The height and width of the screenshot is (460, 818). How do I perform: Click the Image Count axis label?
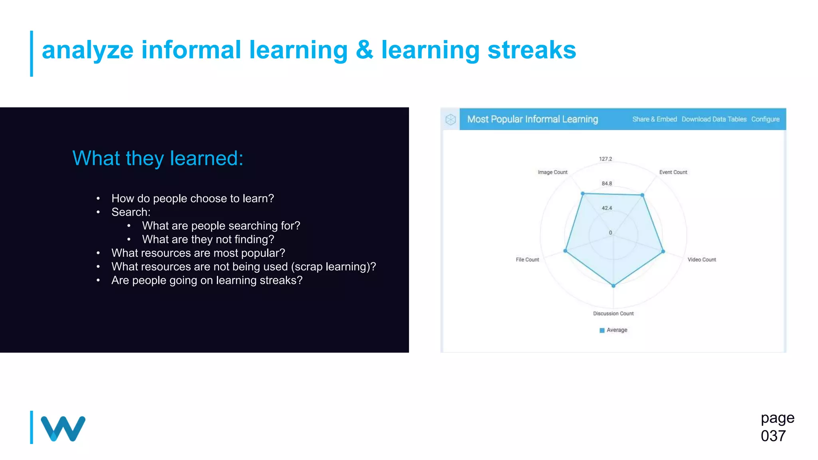pos(552,172)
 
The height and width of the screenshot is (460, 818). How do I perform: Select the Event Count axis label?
pos(673,172)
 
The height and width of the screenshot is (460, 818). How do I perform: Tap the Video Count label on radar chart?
pos(701,260)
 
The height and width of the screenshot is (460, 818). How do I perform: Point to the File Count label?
pos(527,260)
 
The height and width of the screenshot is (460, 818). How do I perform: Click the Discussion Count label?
pos(613,313)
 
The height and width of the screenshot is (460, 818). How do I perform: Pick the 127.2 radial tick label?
pos(605,159)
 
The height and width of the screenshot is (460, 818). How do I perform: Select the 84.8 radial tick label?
pos(606,184)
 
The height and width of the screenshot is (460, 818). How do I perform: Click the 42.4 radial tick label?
pos(606,208)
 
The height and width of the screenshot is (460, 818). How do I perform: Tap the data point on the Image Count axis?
pos(583,194)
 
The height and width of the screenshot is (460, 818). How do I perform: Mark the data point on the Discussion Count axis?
pos(613,286)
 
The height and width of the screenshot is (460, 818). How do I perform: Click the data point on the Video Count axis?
pos(663,252)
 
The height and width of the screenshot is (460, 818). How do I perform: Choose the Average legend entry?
pos(613,330)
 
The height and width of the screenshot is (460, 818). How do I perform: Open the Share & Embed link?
pos(654,119)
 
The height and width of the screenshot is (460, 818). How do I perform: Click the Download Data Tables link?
pos(714,119)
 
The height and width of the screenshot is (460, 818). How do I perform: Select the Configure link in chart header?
pos(765,119)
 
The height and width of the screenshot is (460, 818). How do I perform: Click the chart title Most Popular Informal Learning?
pos(532,119)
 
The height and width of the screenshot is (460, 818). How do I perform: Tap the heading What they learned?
pos(158,158)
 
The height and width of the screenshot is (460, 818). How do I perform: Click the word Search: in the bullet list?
pos(131,212)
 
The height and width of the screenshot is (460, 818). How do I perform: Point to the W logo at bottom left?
pos(63,428)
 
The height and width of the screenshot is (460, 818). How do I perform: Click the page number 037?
pos(773,436)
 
